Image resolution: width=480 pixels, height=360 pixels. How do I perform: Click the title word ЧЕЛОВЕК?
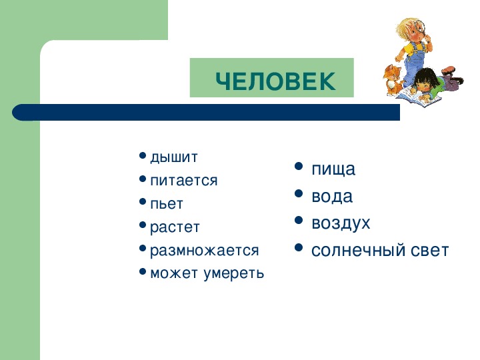(x=275, y=81)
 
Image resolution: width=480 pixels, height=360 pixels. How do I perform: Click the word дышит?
(x=174, y=157)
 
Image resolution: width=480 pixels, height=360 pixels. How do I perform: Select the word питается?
(x=184, y=181)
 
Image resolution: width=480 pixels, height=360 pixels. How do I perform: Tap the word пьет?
(x=166, y=203)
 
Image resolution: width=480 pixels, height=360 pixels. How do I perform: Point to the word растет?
(x=175, y=227)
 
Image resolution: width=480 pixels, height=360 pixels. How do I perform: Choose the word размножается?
(x=204, y=251)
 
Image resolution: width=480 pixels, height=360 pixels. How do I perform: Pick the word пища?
(x=333, y=169)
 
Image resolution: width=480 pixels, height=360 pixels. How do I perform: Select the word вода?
(x=332, y=197)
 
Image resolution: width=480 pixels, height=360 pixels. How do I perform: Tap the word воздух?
(x=341, y=223)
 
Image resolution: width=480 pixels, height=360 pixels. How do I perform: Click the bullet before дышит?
(x=143, y=157)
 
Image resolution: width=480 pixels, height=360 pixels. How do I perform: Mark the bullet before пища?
(x=299, y=167)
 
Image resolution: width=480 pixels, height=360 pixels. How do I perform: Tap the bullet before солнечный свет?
(x=299, y=249)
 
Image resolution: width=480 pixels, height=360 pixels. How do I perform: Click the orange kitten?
(x=392, y=79)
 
